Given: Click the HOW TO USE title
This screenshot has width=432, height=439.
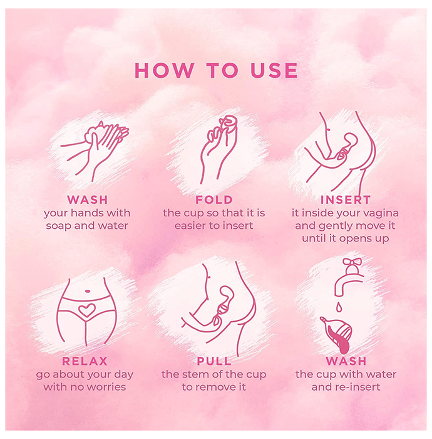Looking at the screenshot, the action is [x=216, y=70].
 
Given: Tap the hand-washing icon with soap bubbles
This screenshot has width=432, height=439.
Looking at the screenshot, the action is [x=95, y=152].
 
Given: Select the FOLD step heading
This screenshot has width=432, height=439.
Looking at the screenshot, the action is [x=213, y=199].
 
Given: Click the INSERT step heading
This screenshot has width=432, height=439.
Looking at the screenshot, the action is [x=346, y=199].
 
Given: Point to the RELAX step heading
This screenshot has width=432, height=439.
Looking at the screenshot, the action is [x=85, y=361].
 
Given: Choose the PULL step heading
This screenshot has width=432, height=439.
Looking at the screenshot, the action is [x=214, y=361].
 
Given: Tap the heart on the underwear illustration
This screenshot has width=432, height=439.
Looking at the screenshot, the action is [x=87, y=310].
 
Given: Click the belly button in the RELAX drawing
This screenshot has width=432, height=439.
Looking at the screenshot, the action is [x=88, y=291].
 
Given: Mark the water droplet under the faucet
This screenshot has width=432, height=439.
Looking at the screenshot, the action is [x=339, y=307].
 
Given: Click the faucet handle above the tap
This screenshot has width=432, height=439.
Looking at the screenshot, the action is [x=352, y=262].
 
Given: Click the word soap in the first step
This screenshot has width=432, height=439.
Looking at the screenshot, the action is [x=59, y=226].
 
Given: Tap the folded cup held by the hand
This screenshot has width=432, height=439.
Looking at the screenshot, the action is [x=228, y=125].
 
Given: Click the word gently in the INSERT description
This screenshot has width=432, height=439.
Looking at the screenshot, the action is [x=337, y=226].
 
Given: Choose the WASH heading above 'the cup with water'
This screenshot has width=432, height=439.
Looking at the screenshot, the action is [x=346, y=361].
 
